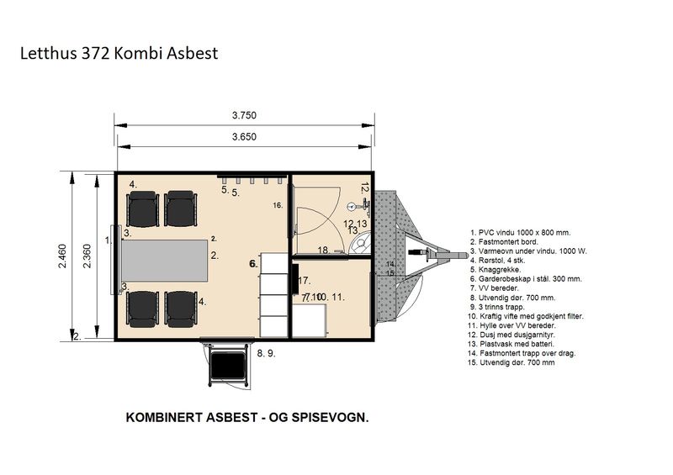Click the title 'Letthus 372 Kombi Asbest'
[119, 54]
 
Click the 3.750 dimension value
[244, 115]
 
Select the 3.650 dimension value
[244, 135]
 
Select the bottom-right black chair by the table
[181, 308]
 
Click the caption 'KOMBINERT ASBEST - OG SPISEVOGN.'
[246, 417]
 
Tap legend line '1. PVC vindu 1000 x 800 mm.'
[521, 230]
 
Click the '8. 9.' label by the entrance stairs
[266, 354]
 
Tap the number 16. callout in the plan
[278, 205]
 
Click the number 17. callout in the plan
[305, 280]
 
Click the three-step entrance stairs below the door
[225, 366]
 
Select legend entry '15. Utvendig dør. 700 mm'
[516, 362]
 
